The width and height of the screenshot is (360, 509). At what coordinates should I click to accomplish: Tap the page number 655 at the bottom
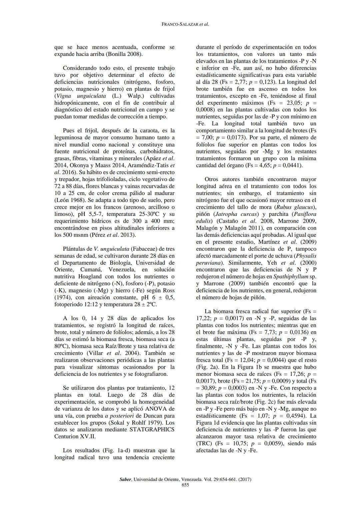click(185, 485)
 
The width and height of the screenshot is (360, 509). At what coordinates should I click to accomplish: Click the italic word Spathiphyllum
click(290, 277)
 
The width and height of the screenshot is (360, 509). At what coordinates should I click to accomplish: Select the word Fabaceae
click(144, 249)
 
